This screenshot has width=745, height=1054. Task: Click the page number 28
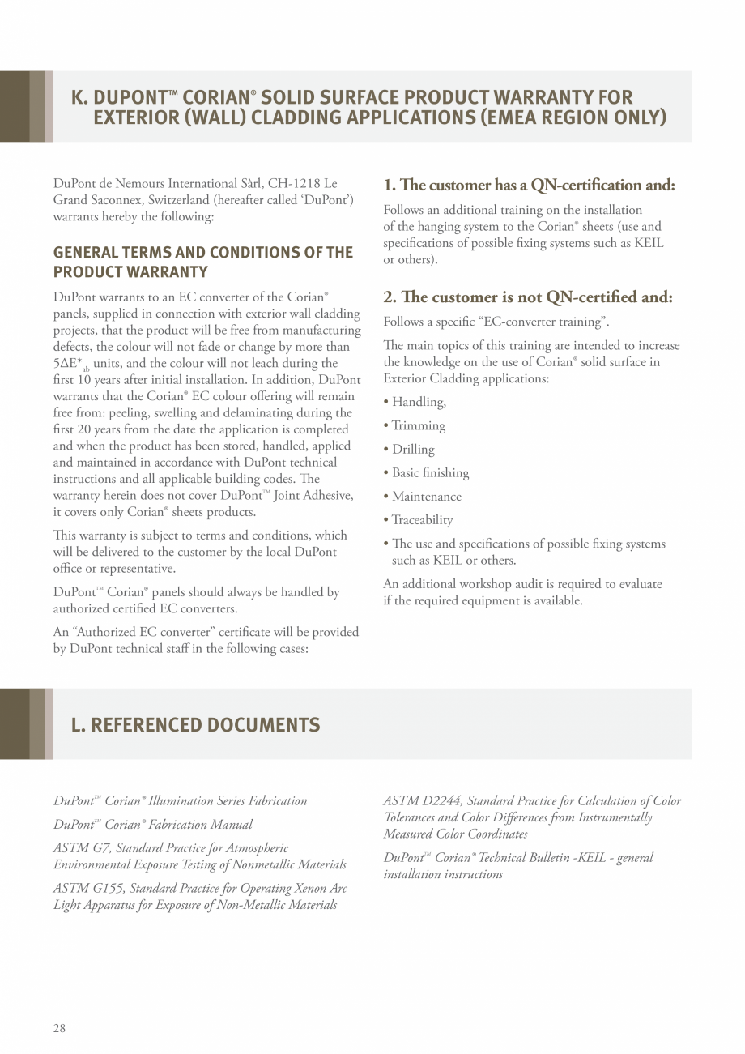[x=59, y=1028]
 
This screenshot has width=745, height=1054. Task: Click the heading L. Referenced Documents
[x=195, y=724]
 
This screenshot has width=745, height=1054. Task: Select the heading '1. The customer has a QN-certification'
[x=529, y=186]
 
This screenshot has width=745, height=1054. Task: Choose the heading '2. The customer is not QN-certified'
[x=527, y=297]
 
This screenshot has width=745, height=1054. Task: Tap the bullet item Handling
[x=418, y=402]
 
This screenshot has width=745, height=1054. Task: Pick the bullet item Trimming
[x=418, y=425]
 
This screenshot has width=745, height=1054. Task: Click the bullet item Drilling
[x=413, y=449]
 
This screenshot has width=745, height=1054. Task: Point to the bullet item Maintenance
[x=426, y=496]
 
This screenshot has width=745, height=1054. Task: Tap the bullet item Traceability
[x=422, y=519]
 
